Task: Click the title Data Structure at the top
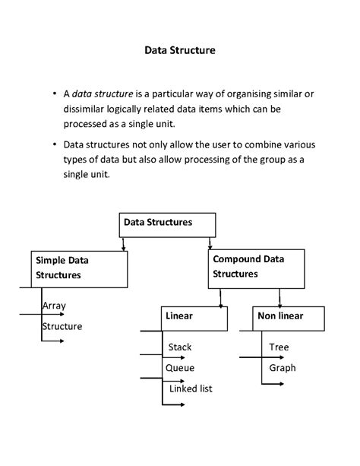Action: point(180,51)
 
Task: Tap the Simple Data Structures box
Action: point(79,269)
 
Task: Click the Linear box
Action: point(194,319)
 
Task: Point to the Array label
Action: point(55,306)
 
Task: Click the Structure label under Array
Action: point(62,326)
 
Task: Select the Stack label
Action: point(180,347)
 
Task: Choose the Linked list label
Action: point(191,388)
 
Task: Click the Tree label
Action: point(279,347)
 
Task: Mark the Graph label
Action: point(282,368)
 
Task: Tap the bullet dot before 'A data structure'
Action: point(55,94)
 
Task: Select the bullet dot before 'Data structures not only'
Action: point(55,144)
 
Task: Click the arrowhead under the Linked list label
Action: point(183,404)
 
